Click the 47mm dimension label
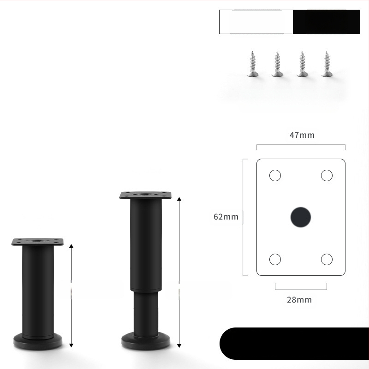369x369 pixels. (x=302, y=135)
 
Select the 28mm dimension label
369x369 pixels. (x=299, y=300)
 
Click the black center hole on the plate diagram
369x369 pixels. (x=301, y=217)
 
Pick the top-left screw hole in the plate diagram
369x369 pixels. (x=275, y=175)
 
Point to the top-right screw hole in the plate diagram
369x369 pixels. (x=327, y=175)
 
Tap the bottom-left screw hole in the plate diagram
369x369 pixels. (x=275, y=259)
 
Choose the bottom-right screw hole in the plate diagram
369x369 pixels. (x=327, y=259)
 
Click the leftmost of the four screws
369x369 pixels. (x=252, y=65)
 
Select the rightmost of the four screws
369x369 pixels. (x=327, y=65)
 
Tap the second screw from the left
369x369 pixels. (x=277, y=65)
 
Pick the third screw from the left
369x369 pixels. (x=303, y=65)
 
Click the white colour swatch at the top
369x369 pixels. (x=256, y=22)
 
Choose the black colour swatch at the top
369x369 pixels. (x=327, y=22)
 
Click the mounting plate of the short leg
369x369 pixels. (x=37, y=242)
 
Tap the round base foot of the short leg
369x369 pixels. (x=37, y=342)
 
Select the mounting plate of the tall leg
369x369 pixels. (x=145, y=195)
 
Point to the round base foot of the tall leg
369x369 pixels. (x=146, y=341)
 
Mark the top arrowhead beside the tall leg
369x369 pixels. (x=179, y=198)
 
